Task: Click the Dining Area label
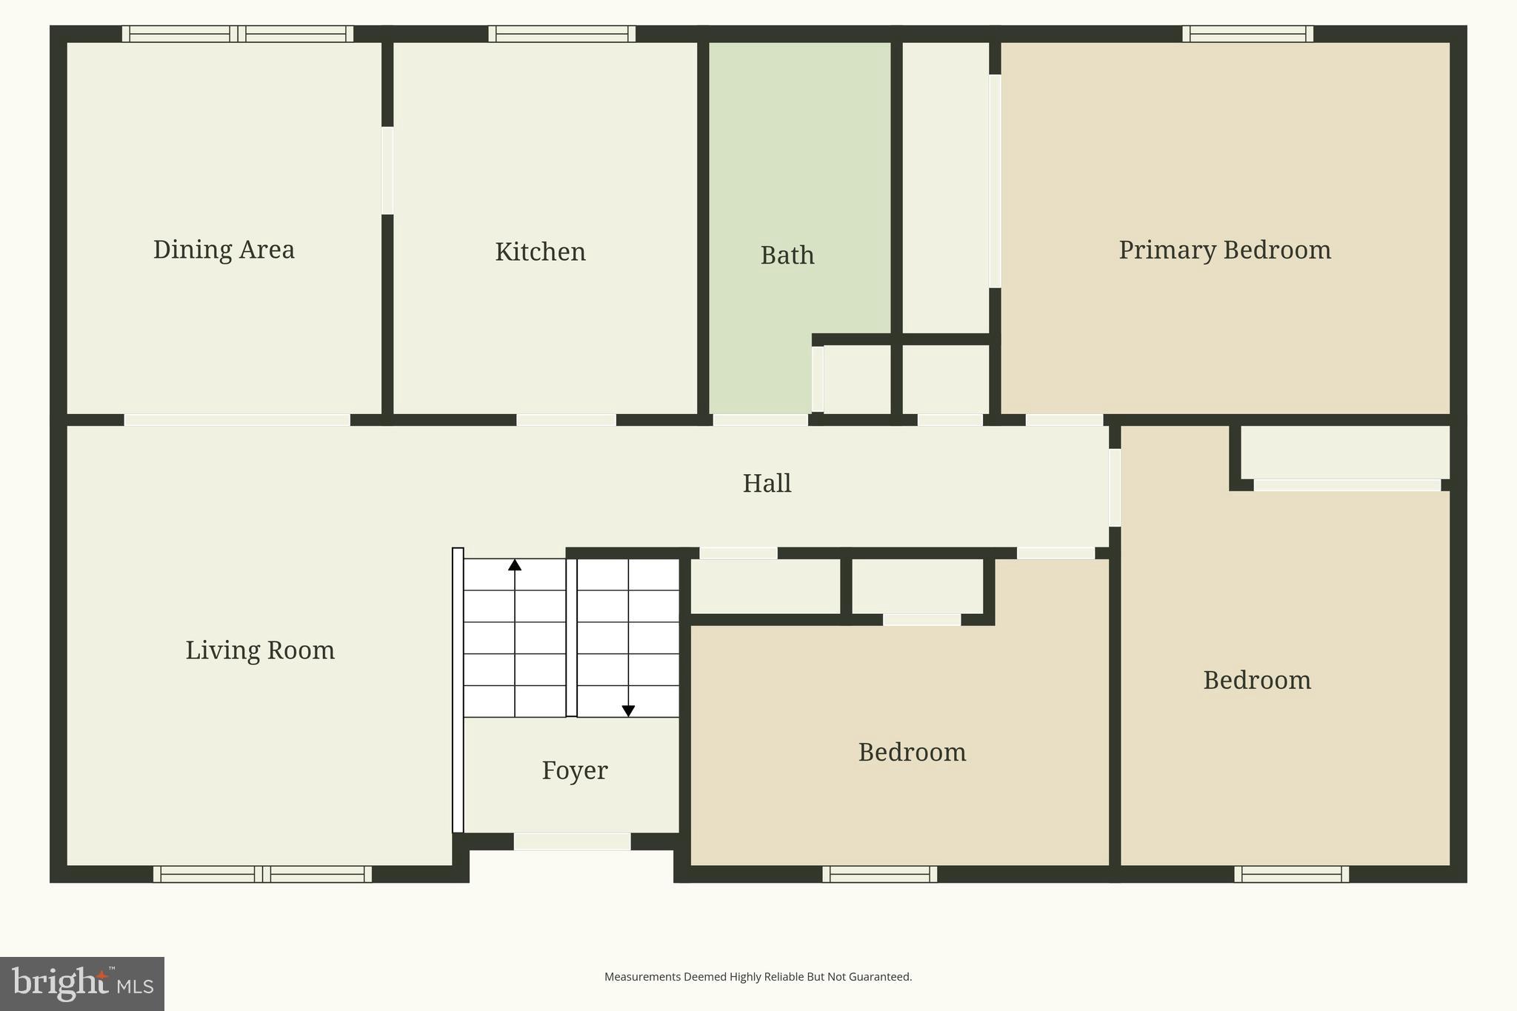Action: (224, 250)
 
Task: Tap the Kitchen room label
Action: (540, 252)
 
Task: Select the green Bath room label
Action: (787, 256)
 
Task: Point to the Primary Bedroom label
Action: (1224, 250)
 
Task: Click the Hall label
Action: (767, 484)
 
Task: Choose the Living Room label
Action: (259, 650)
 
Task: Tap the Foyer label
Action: (574, 771)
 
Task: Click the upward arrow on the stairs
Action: (515, 565)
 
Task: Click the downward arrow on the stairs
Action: (628, 710)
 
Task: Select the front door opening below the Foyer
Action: (572, 841)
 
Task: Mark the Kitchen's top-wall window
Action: (561, 34)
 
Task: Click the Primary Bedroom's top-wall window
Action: (1247, 34)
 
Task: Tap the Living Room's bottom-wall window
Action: (262, 874)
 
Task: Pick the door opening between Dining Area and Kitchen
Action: (387, 170)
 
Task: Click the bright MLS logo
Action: (81, 984)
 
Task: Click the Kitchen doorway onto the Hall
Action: (566, 420)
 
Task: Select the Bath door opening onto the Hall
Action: (760, 420)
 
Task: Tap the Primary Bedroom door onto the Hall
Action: (1064, 420)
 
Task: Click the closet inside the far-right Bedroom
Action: (1344, 453)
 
